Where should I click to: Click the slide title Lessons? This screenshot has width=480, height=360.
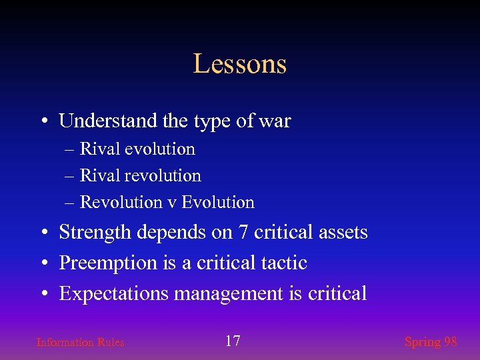(240, 64)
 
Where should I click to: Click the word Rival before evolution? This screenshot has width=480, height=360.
(97, 149)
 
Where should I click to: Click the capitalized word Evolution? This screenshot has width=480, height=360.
(218, 202)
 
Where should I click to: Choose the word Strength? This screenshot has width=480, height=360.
(95, 233)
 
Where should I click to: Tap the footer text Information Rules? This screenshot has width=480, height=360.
(80, 343)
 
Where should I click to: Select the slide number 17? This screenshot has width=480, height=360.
(233, 341)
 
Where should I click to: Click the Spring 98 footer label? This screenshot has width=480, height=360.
(431, 342)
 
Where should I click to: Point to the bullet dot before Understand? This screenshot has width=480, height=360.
(43, 122)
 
